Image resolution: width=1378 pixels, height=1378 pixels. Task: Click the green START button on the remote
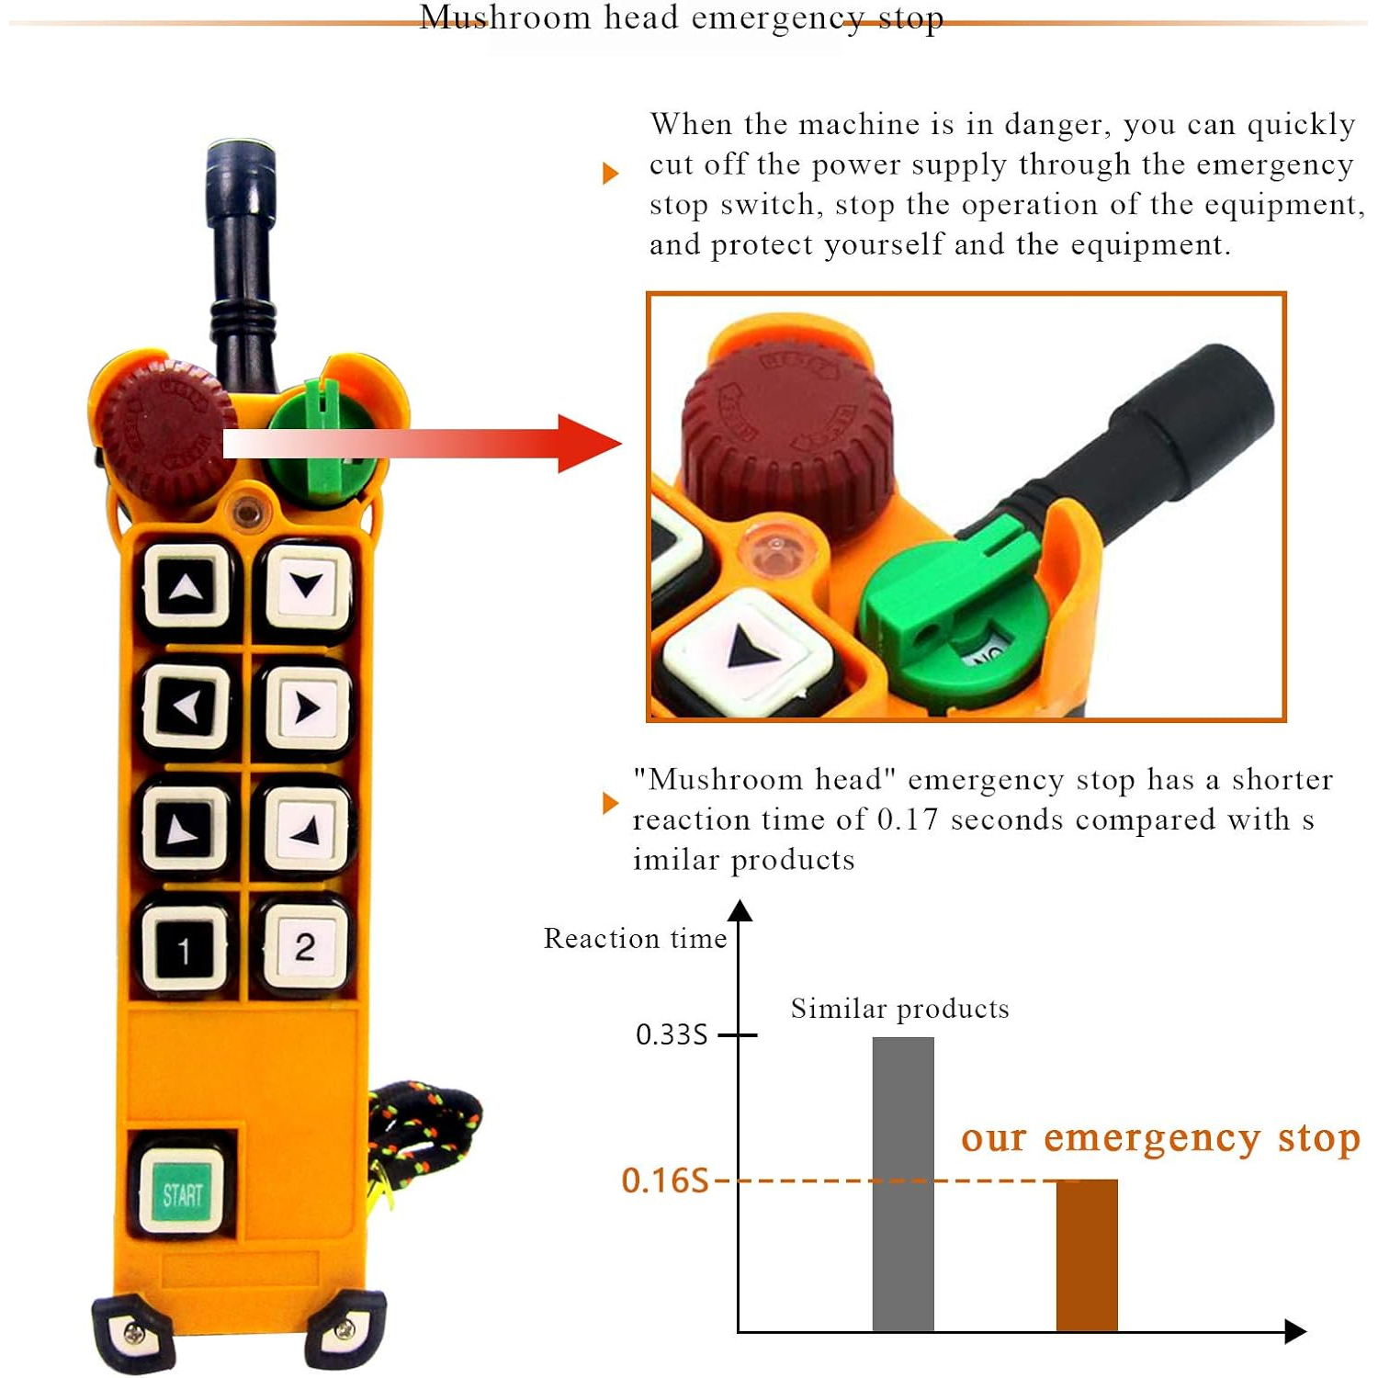[x=182, y=1192]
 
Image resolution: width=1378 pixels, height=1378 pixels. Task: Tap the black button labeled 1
[x=185, y=948]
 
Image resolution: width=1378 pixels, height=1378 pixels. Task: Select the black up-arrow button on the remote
[x=186, y=587]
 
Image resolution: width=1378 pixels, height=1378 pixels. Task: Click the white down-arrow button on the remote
[x=307, y=585]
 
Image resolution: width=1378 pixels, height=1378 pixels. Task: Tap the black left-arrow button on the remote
[x=186, y=707]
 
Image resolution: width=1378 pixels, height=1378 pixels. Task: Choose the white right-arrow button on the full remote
[x=307, y=707]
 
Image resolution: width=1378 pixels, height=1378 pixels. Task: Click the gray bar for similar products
[x=903, y=1184]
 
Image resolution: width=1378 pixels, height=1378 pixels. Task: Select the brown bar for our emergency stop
[x=1087, y=1255]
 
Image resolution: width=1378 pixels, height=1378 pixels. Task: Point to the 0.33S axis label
[x=672, y=1035]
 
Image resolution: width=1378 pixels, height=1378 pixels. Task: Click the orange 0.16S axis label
[x=665, y=1180]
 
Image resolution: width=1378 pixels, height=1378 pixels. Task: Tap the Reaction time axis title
[x=635, y=938]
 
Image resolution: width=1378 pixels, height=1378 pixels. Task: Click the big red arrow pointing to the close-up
[x=423, y=444]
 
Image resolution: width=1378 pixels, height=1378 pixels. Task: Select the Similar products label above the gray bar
[x=899, y=1009]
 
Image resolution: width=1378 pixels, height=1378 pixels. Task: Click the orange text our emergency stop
[x=1160, y=1138]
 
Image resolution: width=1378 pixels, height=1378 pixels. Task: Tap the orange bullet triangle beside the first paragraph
[x=610, y=173]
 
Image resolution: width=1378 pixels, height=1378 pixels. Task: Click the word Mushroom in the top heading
[x=504, y=17]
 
